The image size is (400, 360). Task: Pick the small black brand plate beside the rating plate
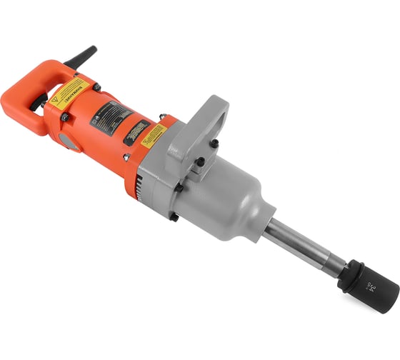click(x=136, y=133)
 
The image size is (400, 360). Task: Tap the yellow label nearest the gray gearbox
click(x=154, y=136)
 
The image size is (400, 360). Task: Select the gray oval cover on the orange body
click(x=68, y=140)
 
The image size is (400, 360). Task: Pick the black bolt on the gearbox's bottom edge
click(x=174, y=215)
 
